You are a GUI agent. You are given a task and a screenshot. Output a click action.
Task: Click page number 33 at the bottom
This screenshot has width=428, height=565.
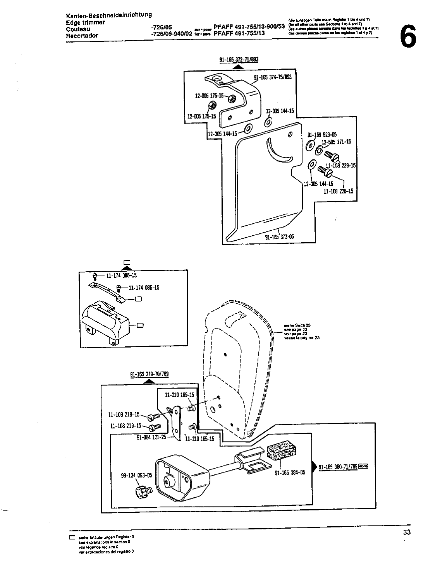point(406,532)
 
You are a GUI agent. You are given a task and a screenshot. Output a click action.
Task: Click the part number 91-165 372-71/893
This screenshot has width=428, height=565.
point(239,60)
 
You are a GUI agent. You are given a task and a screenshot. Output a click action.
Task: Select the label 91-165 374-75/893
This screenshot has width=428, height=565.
point(272,77)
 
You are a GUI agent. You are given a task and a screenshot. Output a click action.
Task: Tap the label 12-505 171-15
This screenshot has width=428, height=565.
point(336,142)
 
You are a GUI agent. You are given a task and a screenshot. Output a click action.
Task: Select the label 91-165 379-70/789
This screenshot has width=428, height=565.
point(150,374)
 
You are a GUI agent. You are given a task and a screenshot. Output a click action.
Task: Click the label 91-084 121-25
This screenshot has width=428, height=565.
point(151,437)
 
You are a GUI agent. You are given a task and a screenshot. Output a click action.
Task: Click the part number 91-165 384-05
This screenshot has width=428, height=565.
point(290,473)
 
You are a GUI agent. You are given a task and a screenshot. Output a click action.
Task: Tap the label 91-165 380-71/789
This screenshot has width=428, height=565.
point(338,467)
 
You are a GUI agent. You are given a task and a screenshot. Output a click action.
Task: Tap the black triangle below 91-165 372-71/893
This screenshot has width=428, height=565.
point(239,67)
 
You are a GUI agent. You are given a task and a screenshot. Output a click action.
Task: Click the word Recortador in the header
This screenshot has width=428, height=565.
point(82,36)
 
